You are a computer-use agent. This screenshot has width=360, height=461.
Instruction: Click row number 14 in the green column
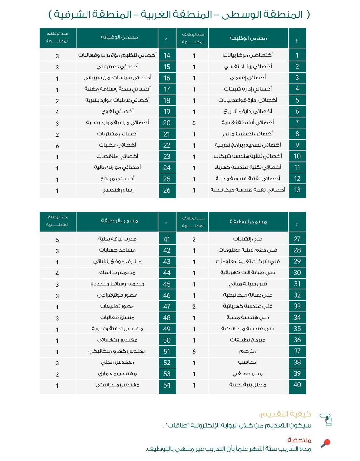pos(167,55)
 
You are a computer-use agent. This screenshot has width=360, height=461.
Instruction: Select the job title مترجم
pos(248,351)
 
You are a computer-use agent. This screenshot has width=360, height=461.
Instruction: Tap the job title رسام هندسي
pos(117,190)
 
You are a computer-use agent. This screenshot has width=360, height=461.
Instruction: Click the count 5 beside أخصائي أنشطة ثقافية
pos(194,123)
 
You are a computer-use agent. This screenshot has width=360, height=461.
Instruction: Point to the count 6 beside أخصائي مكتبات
pos(57,146)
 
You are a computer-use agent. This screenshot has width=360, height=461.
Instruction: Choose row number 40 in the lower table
pos(297,385)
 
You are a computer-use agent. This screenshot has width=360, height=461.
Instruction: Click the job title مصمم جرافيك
pos(117,273)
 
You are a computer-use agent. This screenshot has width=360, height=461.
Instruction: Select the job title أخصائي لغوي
pos(117,111)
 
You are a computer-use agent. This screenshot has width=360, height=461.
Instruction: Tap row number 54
pos(167,385)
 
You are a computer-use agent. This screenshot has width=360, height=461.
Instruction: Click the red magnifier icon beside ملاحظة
pos(326,443)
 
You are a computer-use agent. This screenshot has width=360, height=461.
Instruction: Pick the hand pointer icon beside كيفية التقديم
pos(326,419)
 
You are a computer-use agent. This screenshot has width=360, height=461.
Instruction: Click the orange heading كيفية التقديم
pos(285,414)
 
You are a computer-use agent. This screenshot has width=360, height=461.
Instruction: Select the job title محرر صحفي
pos(248,374)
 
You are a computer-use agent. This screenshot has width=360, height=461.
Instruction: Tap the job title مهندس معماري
pos(117,374)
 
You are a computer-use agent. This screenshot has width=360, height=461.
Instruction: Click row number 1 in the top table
pos(297,55)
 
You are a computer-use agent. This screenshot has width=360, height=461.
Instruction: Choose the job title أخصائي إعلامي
pos(248,78)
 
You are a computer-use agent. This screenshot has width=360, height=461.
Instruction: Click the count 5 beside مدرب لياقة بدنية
pos(57,240)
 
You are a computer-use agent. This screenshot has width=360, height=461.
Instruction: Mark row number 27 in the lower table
pos(297,239)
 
